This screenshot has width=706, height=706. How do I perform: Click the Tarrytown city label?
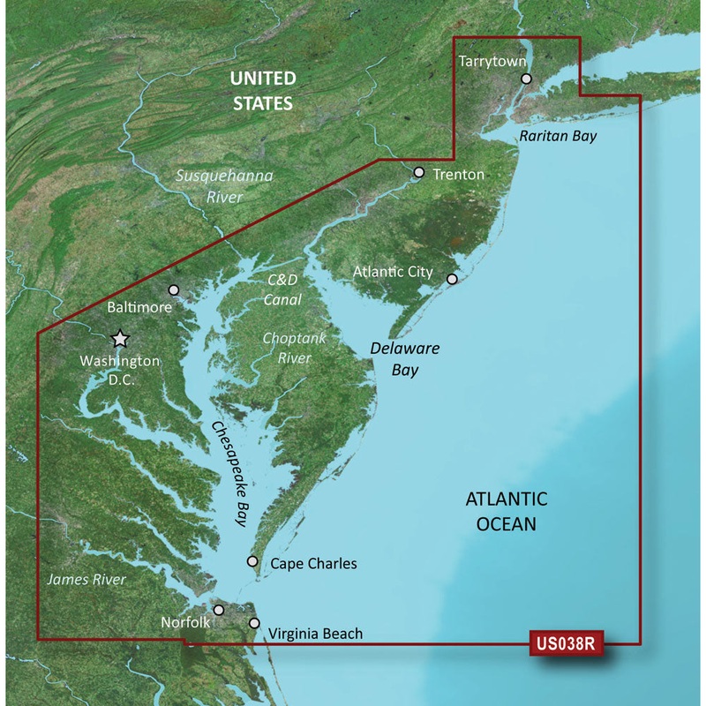click(492, 61)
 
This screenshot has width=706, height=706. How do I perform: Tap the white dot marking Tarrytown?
click(527, 79)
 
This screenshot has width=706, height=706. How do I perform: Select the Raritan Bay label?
click(558, 136)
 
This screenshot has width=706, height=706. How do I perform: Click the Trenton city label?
click(458, 174)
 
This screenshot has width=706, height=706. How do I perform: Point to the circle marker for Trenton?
click(418, 173)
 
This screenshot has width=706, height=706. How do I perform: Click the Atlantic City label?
click(393, 272)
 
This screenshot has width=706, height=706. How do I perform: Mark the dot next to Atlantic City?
click(452, 279)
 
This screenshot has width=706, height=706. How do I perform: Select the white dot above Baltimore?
click(174, 289)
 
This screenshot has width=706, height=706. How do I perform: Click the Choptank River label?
click(288, 348)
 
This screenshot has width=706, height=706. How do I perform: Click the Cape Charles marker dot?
click(252, 561)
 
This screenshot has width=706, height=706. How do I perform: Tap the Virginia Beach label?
click(315, 633)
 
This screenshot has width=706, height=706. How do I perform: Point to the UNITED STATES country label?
click(261, 91)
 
